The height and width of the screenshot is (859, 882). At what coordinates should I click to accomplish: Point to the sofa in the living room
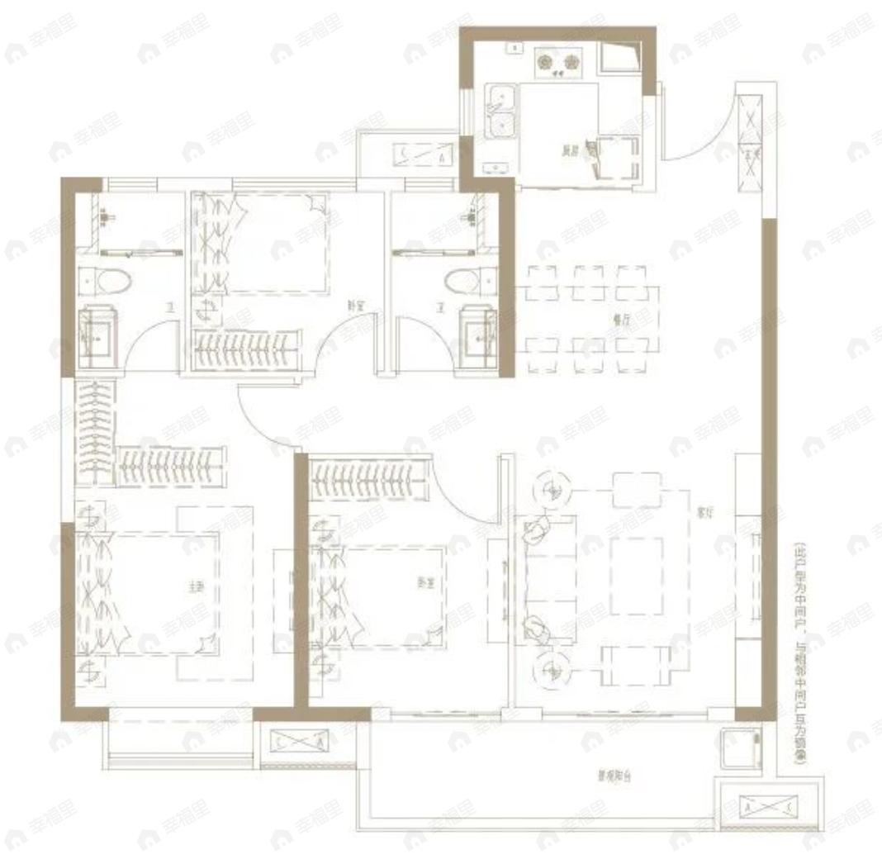546,578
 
